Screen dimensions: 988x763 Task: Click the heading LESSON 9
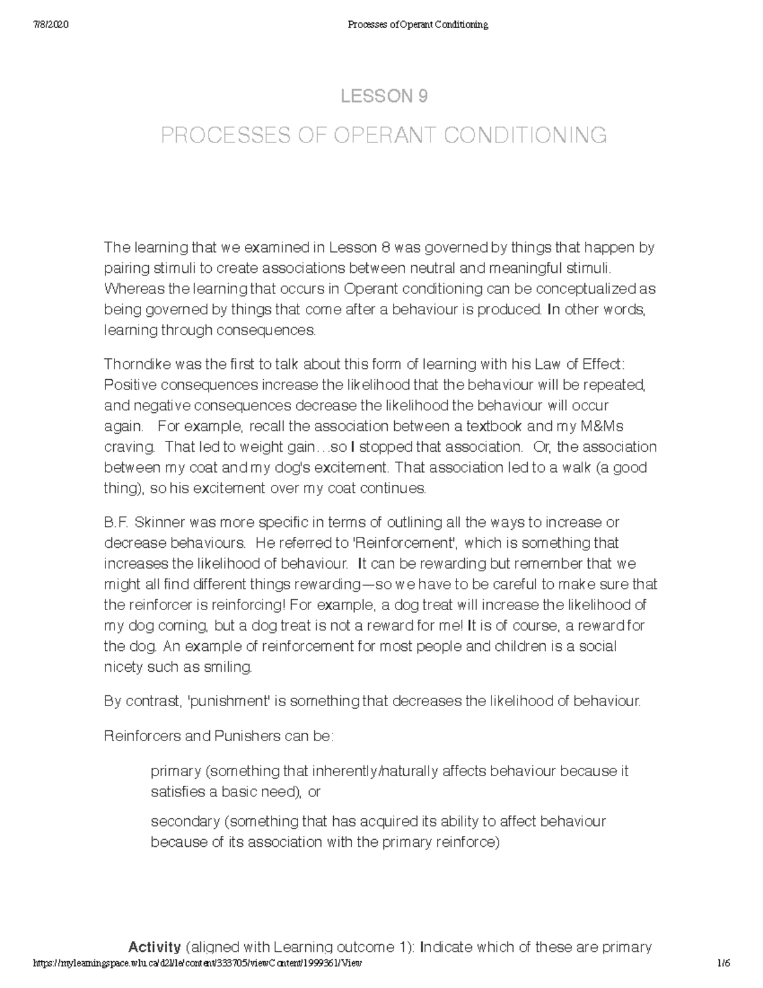384,97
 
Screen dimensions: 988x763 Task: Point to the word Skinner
158,522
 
